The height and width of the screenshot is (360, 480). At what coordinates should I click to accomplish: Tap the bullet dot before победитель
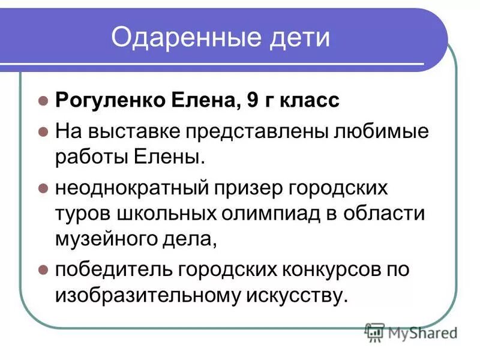pos(42,269)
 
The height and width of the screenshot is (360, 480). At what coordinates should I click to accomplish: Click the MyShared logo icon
pos(374,332)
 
